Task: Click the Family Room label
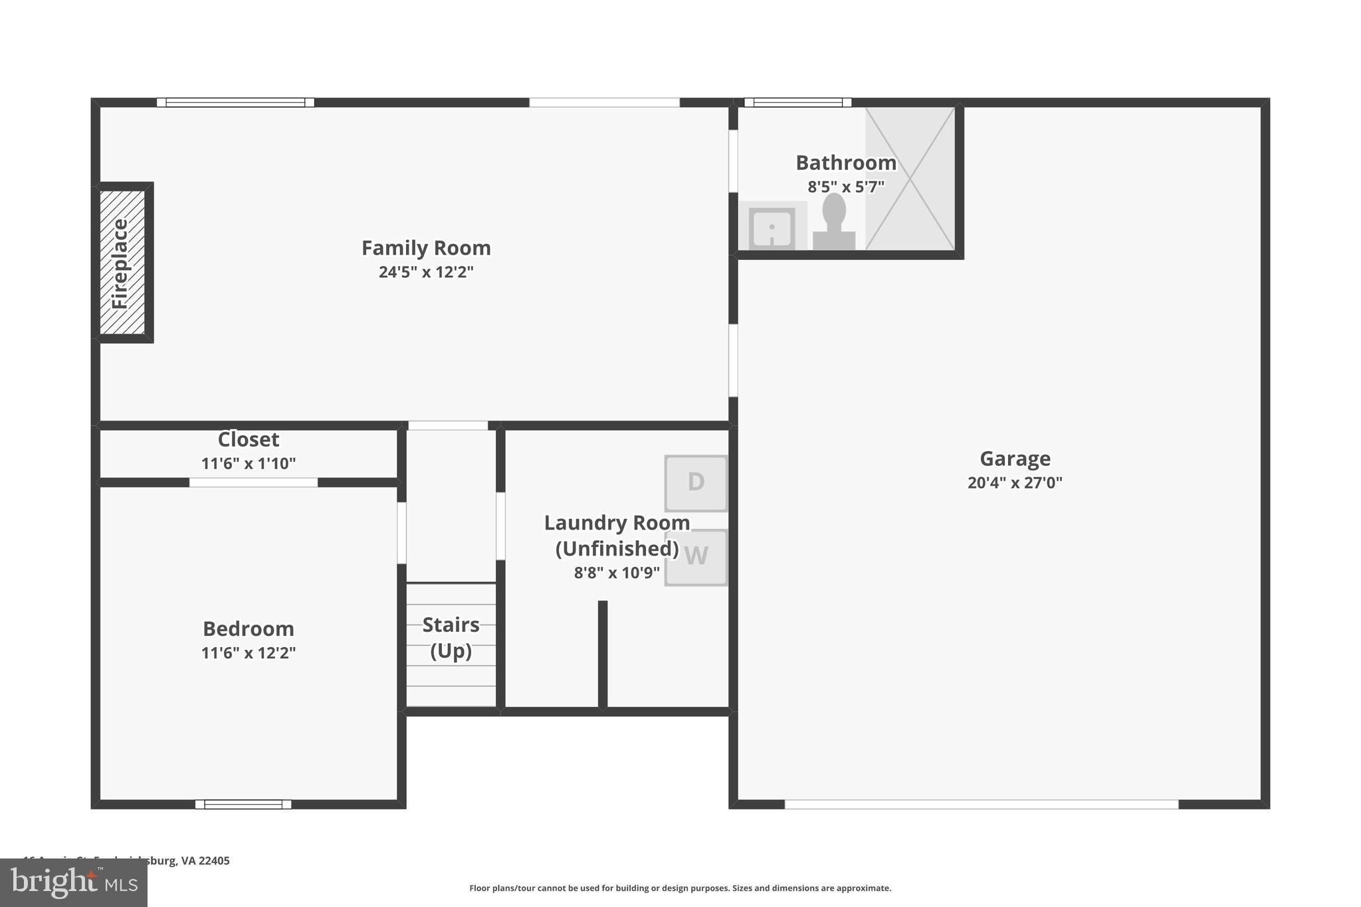click(426, 248)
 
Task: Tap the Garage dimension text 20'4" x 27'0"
click(1015, 483)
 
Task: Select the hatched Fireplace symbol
click(122, 262)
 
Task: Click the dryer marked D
click(696, 483)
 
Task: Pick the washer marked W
click(696, 557)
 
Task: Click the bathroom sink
click(772, 229)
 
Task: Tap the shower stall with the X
click(910, 179)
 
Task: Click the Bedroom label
click(249, 629)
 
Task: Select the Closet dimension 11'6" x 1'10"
click(249, 464)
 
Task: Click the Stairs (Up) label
click(451, 637)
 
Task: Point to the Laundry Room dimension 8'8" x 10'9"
click(617, 573)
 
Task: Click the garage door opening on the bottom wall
click(981, 805)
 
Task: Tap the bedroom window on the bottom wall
click(243, 805)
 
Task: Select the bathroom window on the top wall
click(797, 102)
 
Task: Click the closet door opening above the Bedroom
click(253, 482)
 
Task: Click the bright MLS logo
click(74, 882)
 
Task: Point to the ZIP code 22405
click(215, 860)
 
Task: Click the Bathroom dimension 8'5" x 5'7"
click(846, 187)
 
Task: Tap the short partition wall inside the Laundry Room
click(603, 655)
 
